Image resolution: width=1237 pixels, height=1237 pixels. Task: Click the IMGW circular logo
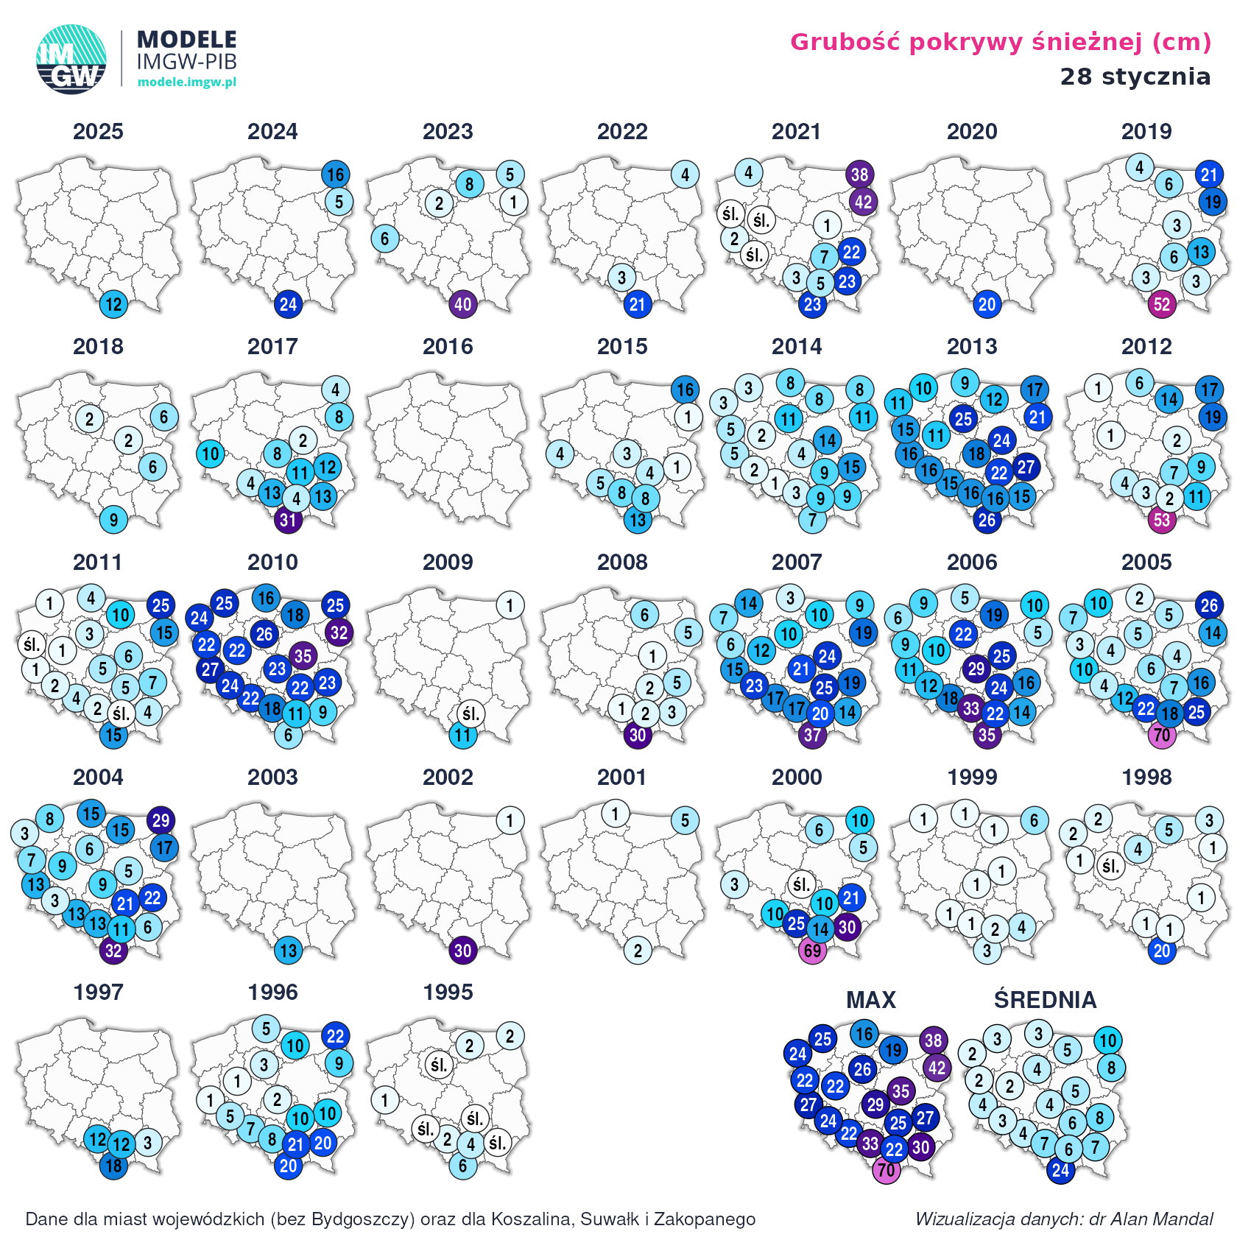(x=71, y=60)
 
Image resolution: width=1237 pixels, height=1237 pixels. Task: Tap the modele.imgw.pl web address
(x=187, y=82)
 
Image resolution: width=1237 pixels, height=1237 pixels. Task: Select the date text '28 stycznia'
(x=1135, y=76)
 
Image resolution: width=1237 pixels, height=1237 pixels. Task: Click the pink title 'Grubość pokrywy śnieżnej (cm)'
(x=1001, y=42)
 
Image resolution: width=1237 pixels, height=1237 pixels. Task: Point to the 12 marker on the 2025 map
(x=113, y=304)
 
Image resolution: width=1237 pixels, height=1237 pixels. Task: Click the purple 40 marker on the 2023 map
(x=463, y=304)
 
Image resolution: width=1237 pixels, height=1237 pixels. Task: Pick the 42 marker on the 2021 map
(x=863, y=201)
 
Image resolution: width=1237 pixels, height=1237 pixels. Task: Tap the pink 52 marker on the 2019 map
(x=1162, y=304)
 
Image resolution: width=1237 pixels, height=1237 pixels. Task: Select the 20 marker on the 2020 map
(x=987, y=304)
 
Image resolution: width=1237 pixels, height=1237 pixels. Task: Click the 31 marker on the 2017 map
(x=288, y=520)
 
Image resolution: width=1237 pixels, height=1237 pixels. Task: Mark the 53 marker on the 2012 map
(x=1162, y=520)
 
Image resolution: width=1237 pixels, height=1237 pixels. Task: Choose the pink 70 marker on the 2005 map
(x=1162, y=735)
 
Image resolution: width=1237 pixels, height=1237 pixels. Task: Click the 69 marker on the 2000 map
(x=812, y=950)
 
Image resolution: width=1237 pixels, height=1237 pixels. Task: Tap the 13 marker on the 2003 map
(x=288, y=950)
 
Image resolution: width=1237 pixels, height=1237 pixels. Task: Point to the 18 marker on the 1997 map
(x=113, y=1166)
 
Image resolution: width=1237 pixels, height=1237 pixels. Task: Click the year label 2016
(x=448, y=347)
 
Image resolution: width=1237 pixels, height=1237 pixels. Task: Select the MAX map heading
(x=871, y=1000)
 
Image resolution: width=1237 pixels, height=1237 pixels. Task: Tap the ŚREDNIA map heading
(x=1045, y=1000)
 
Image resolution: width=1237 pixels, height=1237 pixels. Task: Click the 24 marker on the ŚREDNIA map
(x=1060, y=1170)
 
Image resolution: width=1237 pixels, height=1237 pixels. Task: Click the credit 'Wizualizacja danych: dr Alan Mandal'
(x=1064, y=1219)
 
